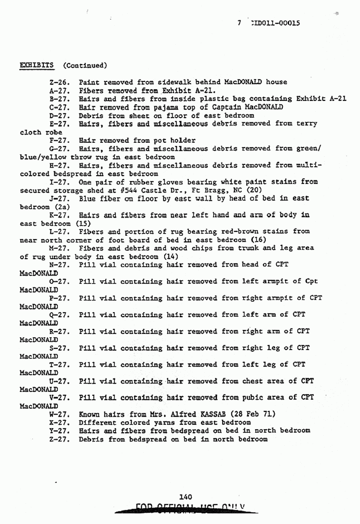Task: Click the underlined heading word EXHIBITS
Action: click(38, 65)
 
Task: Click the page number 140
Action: click(185, 497)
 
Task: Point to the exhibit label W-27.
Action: click(59, 414)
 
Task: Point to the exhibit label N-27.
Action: click(59, 265)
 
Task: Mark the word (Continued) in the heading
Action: click(85, 65)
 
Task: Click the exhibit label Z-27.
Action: click(59, 439)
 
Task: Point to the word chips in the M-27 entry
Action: click(213, 248)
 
